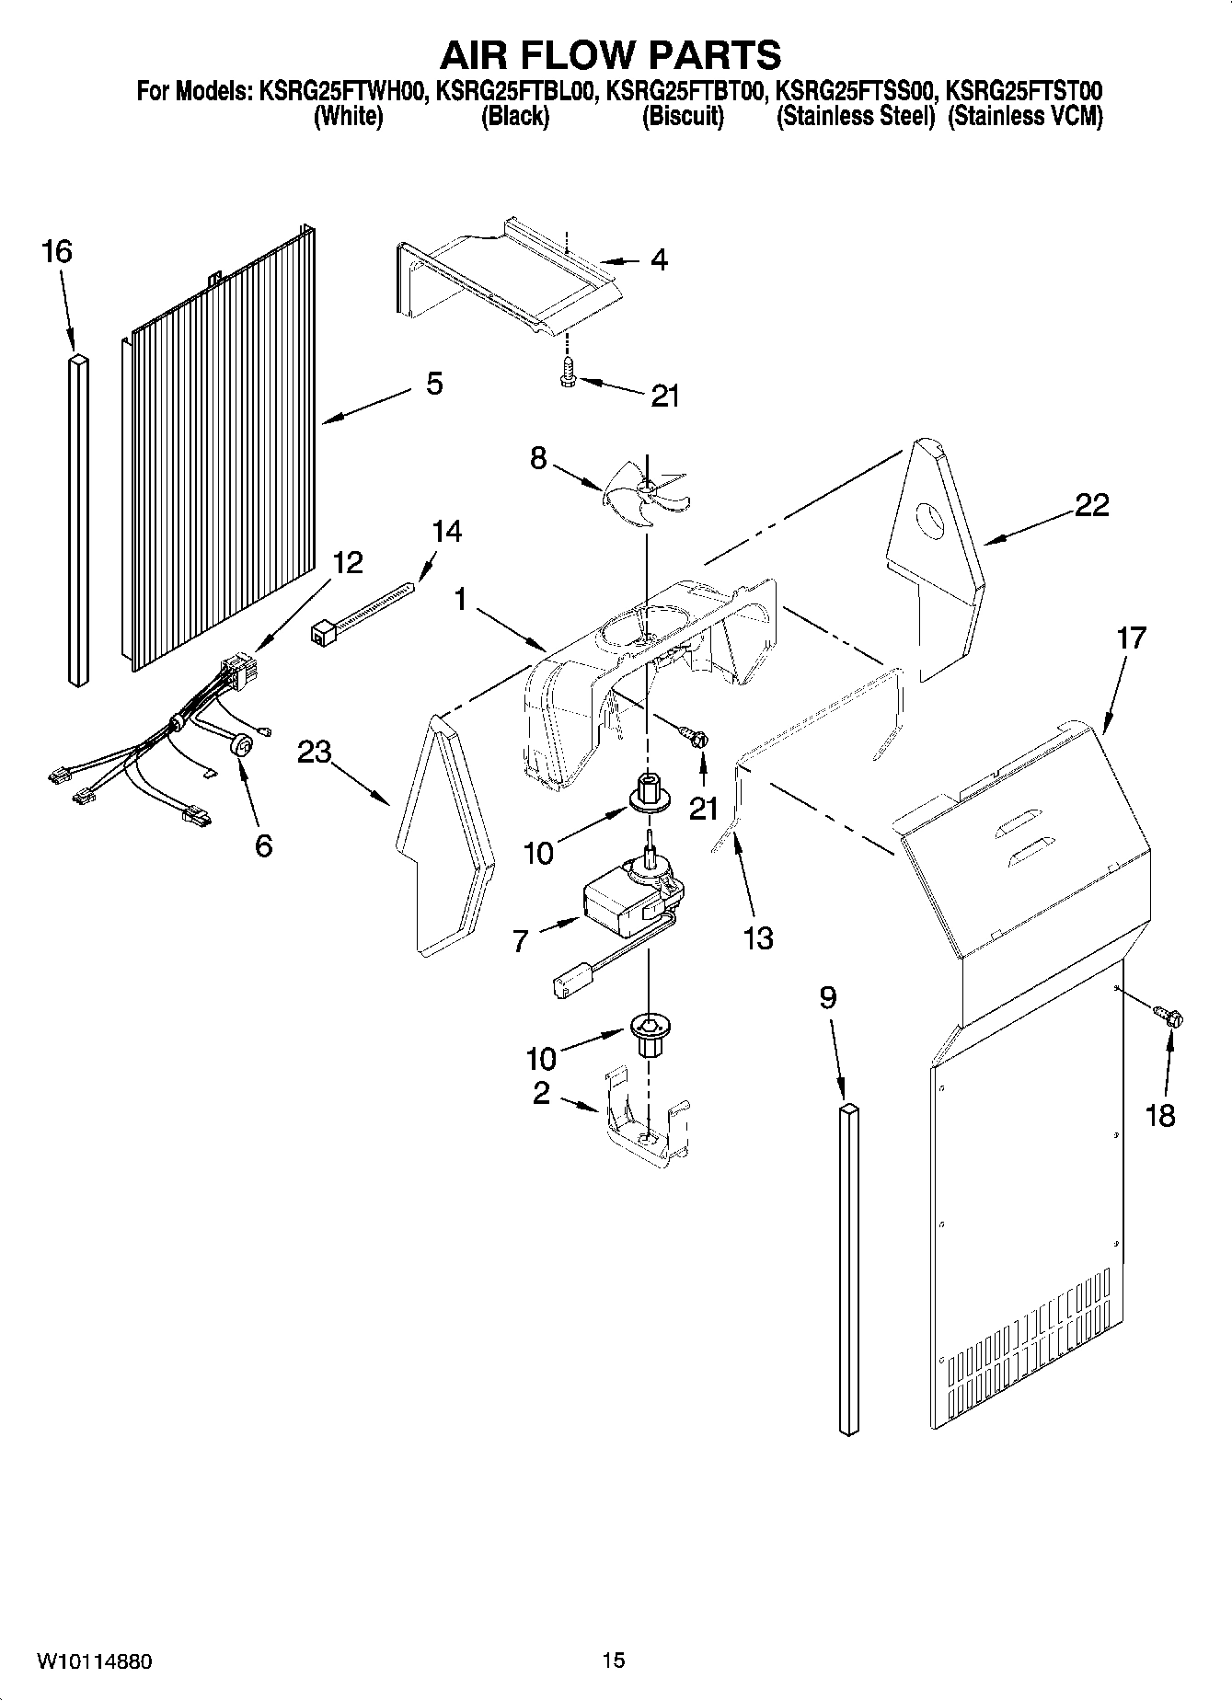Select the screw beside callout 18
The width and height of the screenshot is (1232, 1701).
pos(1170,1017)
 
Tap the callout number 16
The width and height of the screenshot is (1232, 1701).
pos(57,251)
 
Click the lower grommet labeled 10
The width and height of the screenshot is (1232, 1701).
pos(648,1030)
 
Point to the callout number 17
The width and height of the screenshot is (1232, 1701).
pos(1131,638)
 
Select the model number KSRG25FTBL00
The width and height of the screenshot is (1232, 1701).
pos(518,92)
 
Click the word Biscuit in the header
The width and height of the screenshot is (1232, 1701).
pos(683,117)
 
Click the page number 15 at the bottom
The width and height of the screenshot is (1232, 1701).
pos(614,1660)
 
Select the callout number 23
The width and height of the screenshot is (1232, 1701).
pos(315,753)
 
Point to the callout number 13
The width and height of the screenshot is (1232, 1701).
pos(758,938)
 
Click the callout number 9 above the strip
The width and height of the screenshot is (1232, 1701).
pos(828,997)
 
